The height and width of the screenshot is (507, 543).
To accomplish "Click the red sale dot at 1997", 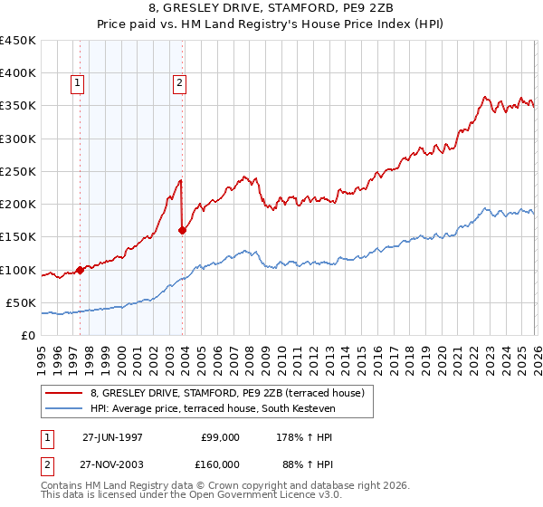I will tap(80, 270).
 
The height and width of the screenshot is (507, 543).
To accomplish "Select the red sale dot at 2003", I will tap(183, 230).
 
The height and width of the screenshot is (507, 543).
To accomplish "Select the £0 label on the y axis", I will tap(28, 335).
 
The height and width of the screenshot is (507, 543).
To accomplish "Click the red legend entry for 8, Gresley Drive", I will tap(226, 393).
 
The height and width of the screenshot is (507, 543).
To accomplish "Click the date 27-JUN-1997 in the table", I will tap(112, 436).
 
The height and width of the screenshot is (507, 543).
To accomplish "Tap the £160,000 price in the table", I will tap(220, 464).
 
